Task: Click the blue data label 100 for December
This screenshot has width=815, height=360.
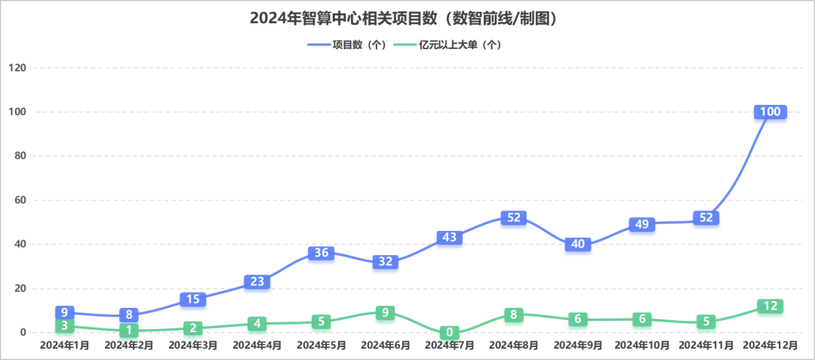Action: click(770, 112)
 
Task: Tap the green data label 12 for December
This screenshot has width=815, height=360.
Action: click(770, 306)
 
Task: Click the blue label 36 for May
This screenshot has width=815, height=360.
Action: click(321, 253)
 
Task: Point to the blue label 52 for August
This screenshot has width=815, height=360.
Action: click(514, 217)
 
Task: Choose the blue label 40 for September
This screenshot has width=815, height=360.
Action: click(578, 245)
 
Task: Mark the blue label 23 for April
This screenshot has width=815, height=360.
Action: click(257, 282)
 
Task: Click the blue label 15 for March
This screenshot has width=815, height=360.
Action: click(193, 299)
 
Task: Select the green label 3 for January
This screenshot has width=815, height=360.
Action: click(65, 325)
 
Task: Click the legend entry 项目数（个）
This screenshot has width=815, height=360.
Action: click(348, 45)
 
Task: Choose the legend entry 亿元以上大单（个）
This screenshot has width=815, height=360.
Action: click(449, 45)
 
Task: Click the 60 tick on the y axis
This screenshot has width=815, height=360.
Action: click(20, 200)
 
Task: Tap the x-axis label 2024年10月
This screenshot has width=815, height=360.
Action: click(642, 345)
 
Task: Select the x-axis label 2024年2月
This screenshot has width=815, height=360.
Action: click(129, 345)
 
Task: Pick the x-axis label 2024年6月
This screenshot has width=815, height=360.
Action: click(386, 345)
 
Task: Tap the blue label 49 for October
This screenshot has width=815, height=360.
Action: click(642, 224)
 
